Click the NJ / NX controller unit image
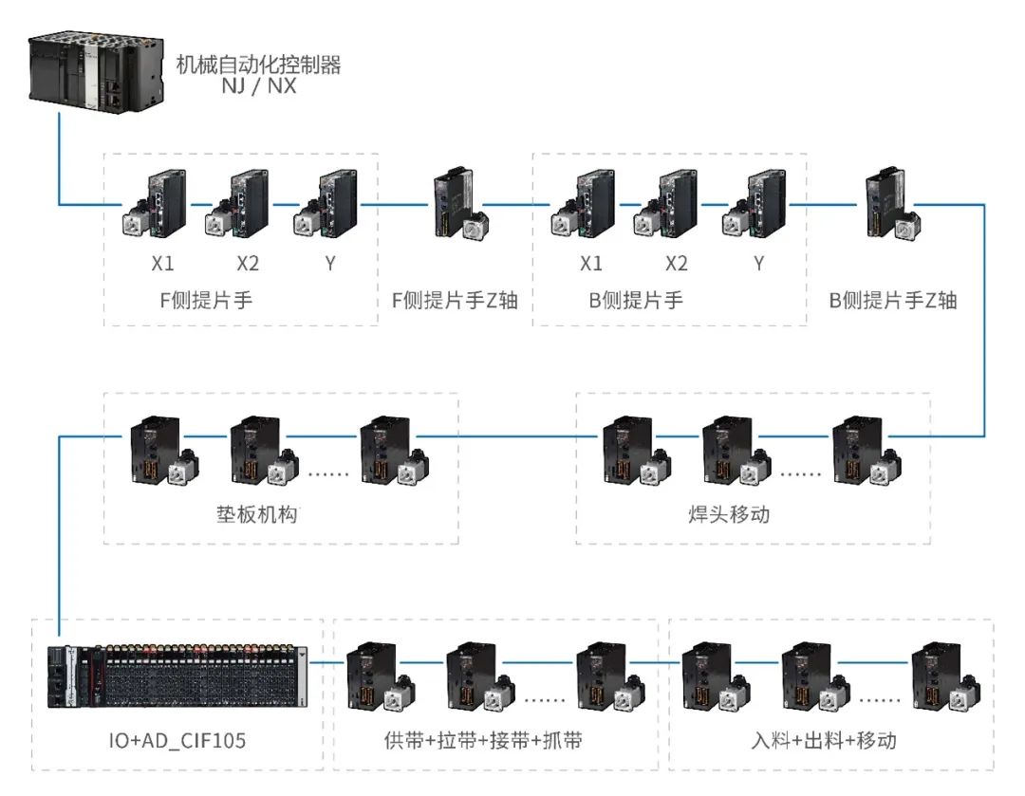click(96, 72)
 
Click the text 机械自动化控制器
click(259, 65)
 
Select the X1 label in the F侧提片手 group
click(163, 264)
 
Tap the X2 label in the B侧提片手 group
click(677, 264)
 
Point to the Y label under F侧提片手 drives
click(330, 264)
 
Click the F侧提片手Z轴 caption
click(455, 301)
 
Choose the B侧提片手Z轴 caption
click(893, 301)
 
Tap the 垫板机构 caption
click(257, 514)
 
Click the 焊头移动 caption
click(729, 514)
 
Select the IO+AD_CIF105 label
click(177, 741)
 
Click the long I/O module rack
click(177, 676)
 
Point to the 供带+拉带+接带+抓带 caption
click(483, 741)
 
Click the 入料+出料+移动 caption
click(824, 741)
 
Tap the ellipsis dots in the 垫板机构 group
click(328, 473)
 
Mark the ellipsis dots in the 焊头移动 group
click(801, 473)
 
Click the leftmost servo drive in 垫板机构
click(164, 451)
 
